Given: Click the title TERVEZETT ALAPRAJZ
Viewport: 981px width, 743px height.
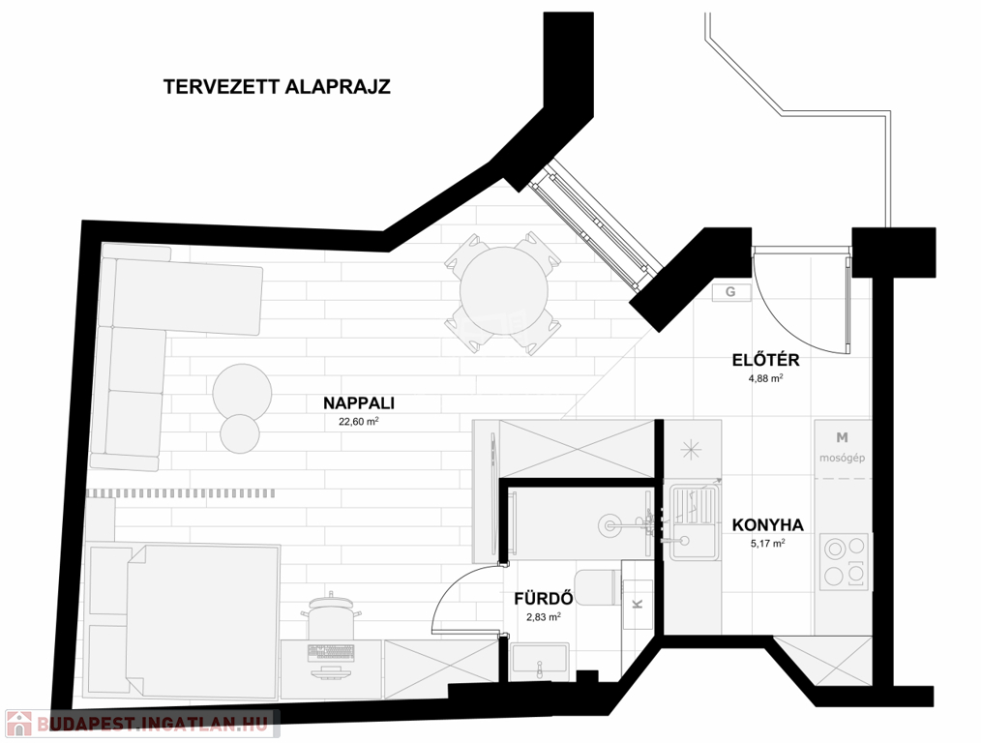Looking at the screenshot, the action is [x=277, y=86].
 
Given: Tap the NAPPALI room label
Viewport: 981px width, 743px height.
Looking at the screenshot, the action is [x=359, y=403].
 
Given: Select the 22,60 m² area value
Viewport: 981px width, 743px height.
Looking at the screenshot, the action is [x=359, y=421].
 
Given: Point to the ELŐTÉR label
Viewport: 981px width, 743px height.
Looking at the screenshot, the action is [x=766, y=360].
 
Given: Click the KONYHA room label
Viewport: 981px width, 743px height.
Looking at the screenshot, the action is [x=767, y=524].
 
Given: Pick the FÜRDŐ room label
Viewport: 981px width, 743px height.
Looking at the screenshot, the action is [x=544, y=599].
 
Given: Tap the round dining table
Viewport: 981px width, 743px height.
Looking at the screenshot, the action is [x=504, y=291].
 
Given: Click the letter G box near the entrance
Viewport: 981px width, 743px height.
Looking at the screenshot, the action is [x=730, y=292].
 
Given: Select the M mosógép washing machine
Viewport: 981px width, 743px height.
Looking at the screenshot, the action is [x=842, y=449].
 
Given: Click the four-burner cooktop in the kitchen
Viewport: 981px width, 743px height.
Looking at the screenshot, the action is [x=845, y=562].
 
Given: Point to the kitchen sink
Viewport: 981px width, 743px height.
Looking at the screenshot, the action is [x=694, y=522].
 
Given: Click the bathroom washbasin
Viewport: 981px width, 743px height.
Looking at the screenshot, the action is [x=539, y=663].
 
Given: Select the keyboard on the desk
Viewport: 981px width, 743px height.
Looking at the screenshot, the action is [x=331, y=653].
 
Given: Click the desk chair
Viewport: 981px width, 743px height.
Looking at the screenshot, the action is [x=330, y=616].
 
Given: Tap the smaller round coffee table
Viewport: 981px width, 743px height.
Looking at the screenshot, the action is [x=240, y=433].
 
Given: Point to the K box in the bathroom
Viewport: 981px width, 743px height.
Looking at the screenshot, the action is [x=638, y=604].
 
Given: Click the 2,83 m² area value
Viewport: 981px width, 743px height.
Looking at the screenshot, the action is [x=544, y=616].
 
